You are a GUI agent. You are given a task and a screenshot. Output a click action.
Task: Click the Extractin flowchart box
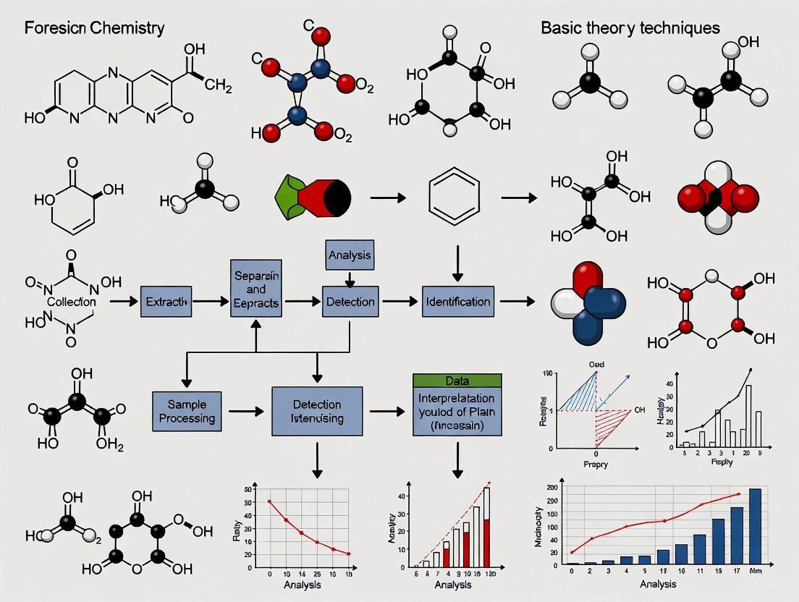pyautogui.click(x=167, y=301)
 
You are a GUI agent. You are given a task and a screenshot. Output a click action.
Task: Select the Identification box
pyautogui.click(x=457, y=301)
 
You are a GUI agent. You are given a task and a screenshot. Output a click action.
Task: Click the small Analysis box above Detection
pyautogui.click(x=350, y=255)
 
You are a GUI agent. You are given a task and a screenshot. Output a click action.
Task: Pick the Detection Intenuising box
pyautogui.click(x=316, y=411)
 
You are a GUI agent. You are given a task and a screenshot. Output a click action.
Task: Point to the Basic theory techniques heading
pyautogui.click(x=630, y=28)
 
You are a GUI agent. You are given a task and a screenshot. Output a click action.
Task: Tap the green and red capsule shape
pyautogui.click(x=313, y=197)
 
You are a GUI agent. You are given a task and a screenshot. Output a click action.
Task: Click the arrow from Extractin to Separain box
pyautogui.click(x=212, y=301)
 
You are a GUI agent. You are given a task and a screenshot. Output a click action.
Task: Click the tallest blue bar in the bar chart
pyautogui.click(x=755, y=526)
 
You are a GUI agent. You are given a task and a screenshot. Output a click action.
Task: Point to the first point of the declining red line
pyautogui.click(x=269, y=501)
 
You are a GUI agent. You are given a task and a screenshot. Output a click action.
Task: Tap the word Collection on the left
pyautogui.click(x=72, y=301)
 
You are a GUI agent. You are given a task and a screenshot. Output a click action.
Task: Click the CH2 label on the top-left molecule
pyautogui.click(x=218, y=88)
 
